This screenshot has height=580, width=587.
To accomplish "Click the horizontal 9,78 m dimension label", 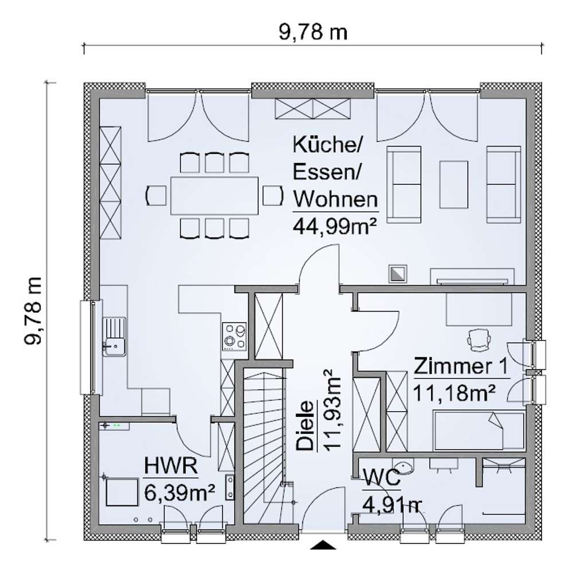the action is pyautogui.click(x=313, y=32).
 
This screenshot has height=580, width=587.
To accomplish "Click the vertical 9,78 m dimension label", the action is pyautogui.click(x=33, y=311).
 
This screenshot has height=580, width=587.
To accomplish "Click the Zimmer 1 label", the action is pyautogui.click(x=461, y=366).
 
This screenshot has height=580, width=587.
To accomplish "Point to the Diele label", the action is pyautogui.click(x=305, y=425).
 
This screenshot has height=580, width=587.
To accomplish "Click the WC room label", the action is pyautogui.click(x=381, y=478).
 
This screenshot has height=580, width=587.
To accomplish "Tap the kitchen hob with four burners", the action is pyautogui.click(x=234, y=336).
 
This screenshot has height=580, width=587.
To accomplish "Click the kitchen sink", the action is pyautogui.click(x=114, y=336).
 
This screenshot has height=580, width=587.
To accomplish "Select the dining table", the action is pyautogui.click(x=214, y=195).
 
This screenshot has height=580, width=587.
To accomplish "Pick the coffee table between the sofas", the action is pyautogui.click(x=453, y=184).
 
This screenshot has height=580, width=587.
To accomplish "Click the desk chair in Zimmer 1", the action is pyautogui.click(x=479, y=340).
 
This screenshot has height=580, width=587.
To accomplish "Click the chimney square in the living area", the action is pyautogui.click(x=398, y=274).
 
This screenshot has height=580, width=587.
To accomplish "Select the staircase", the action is pyautogui.click(x=265, y=446).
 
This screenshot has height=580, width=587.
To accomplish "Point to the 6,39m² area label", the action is pyautogui.click(x=179, y=493).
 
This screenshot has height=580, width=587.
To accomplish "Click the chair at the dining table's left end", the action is pyautogui.click(x=156, y=195).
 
